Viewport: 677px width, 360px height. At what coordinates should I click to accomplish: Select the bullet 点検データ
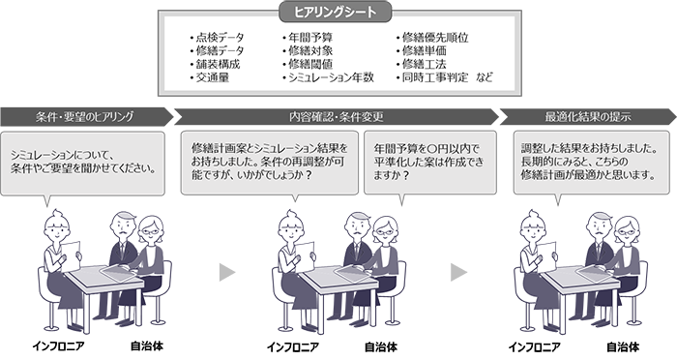tap(221, 38)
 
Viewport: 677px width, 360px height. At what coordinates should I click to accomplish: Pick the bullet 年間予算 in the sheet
tap(309, 38)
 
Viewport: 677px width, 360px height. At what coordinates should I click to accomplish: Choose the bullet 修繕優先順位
tap(432, 38)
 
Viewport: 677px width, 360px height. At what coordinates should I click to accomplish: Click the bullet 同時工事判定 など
tap(444, 76)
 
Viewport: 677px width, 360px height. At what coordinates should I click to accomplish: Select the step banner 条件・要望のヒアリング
tap(85, 116)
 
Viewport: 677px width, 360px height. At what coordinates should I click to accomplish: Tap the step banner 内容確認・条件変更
tap(335, 116)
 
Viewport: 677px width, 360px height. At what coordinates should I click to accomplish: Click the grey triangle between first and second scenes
tap(226, 272)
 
